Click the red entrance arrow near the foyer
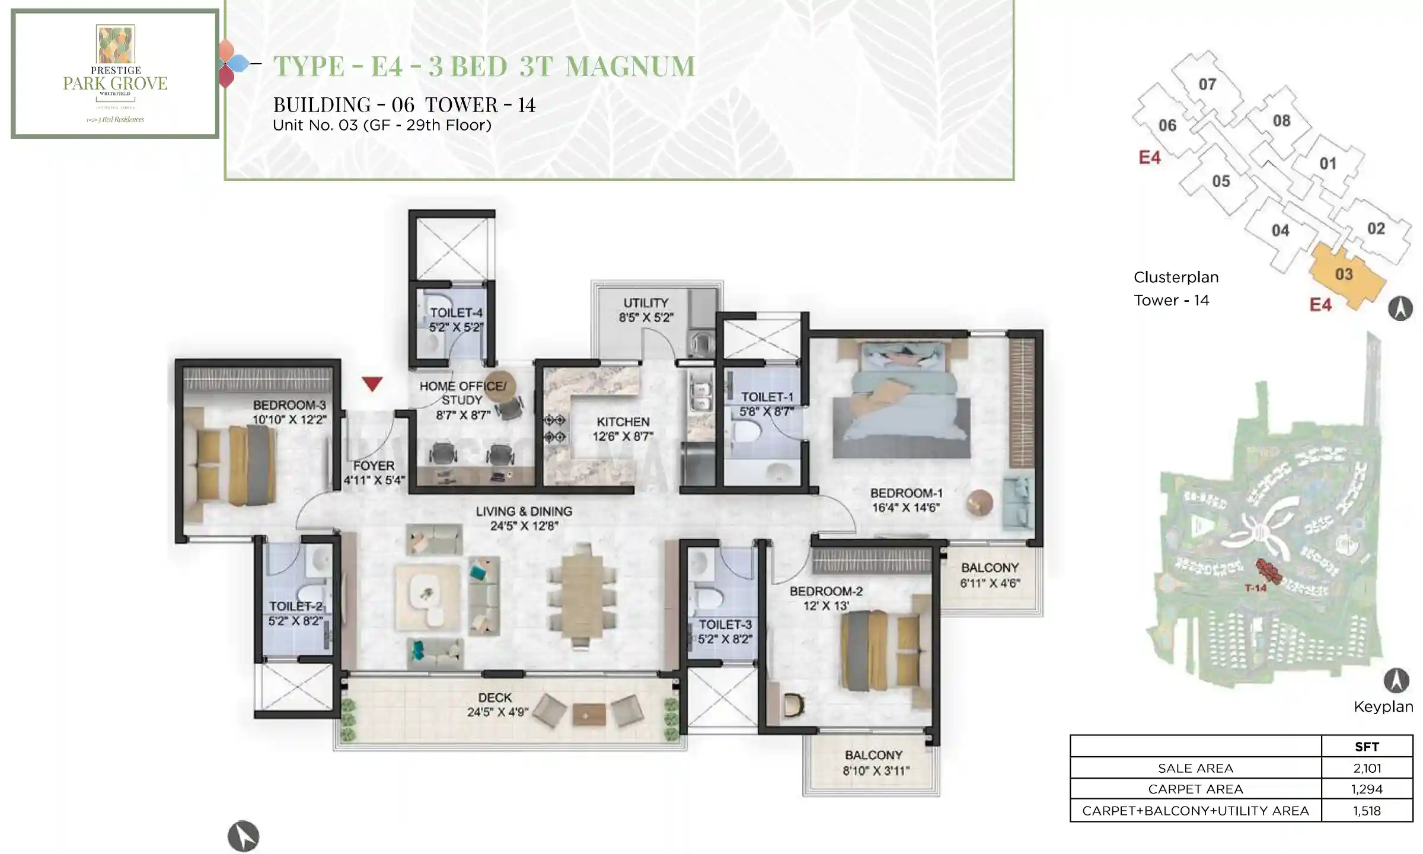point(372,384)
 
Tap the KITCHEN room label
point(623,422)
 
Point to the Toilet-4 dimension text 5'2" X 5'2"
point(456,327)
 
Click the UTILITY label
point(646,302)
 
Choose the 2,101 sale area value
point(1367,768)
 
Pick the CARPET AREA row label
point(1195,789)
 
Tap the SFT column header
point(1367,747)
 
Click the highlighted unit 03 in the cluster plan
point(1344,275)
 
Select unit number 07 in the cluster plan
point(1207,84)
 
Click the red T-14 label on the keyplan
point(1255,588)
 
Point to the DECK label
point(494,697)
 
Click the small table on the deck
point(589,715)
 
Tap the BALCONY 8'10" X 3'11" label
point(874,763)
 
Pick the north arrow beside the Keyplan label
point(1396,681)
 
